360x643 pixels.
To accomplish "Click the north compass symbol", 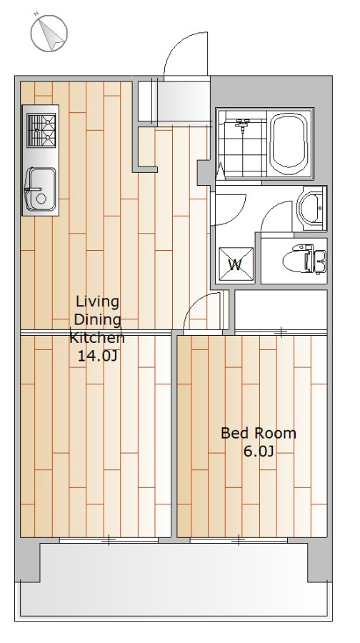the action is click(x=49, y=33).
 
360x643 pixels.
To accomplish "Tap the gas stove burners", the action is click(x=41, y=131).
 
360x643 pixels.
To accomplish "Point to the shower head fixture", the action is click(x=243, y=123).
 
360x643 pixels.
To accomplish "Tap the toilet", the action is click(x=304, y=259).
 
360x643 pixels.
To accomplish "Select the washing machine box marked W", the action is click(x=235, y=264).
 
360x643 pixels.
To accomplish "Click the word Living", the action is click(x=98, y=302).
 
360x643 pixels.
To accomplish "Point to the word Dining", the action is click(x=98, y=319).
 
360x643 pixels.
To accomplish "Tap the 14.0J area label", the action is click(x=98, y=356).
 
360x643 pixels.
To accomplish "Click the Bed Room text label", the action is click(x=259, y=433).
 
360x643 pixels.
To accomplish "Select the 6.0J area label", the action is click(x=259, y=451).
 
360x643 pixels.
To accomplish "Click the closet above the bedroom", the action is click(x=281, y=309).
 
